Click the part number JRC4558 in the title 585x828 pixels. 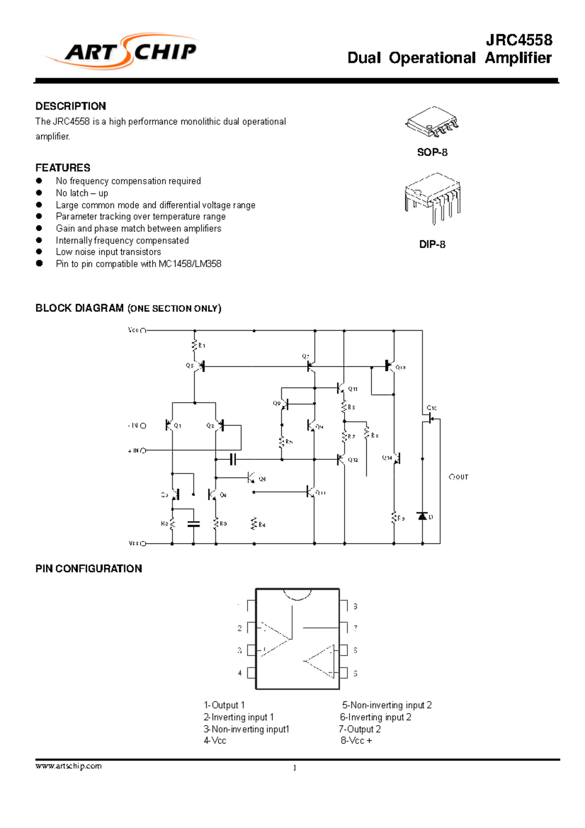(519, 40)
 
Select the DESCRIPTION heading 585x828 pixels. (71, 106)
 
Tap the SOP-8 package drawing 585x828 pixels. (432, 122)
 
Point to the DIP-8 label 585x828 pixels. (432, 244)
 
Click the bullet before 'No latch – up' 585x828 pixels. (39, 193)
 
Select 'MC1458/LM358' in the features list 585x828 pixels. (190, 264)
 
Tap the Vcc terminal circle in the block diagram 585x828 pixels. (143, 331)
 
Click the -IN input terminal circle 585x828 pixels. (143, 426)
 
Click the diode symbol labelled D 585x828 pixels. (422, 516)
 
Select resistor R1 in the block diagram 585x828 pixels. (195, 345)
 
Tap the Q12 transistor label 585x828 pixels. (353, 459)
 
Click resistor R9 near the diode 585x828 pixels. (394, 518)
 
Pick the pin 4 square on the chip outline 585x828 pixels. (252, 673)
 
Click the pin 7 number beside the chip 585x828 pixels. (355, 628)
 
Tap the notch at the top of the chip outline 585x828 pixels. (297, 594)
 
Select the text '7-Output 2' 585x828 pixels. (360, 729)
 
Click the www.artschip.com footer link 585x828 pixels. (69, 766)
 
